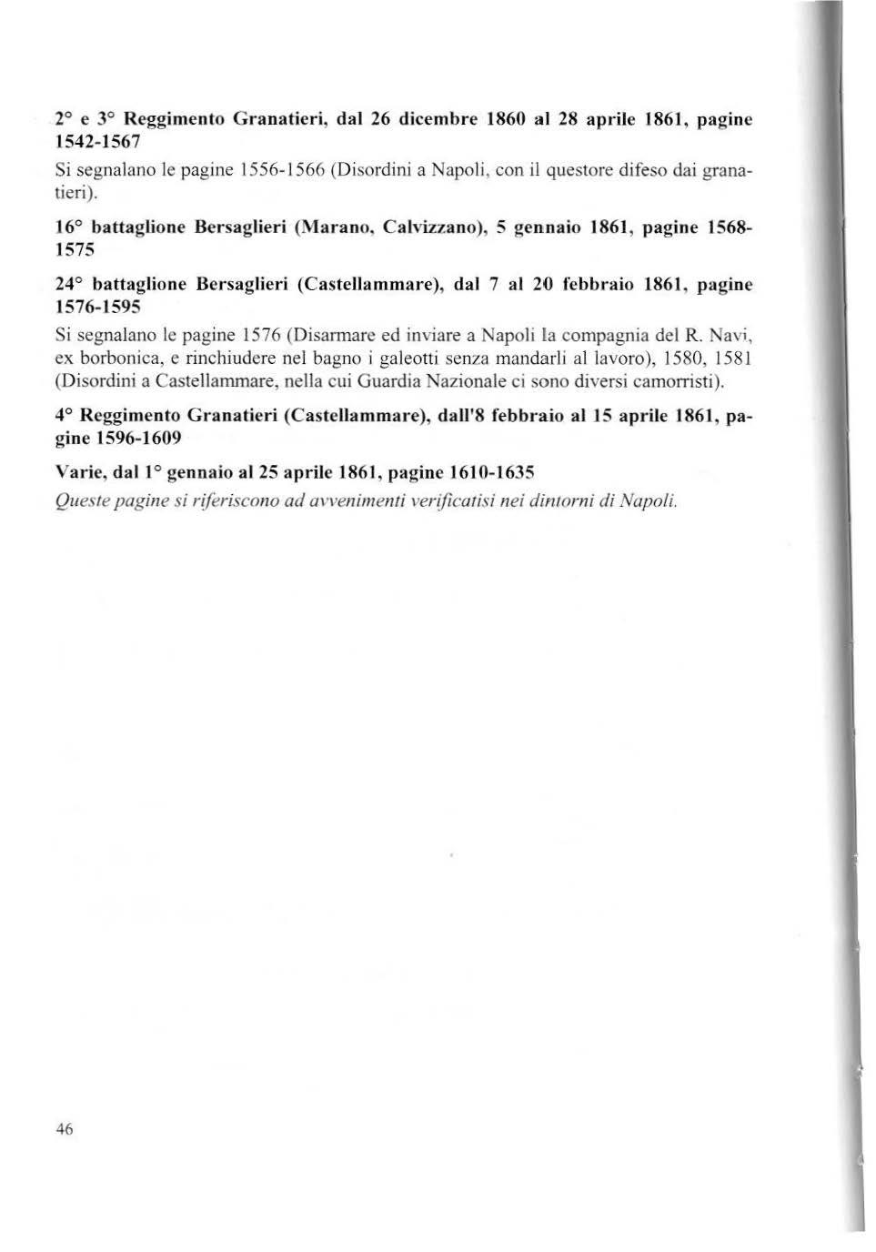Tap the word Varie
[x=78, y=473]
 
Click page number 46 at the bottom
[x=65, y=1129]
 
